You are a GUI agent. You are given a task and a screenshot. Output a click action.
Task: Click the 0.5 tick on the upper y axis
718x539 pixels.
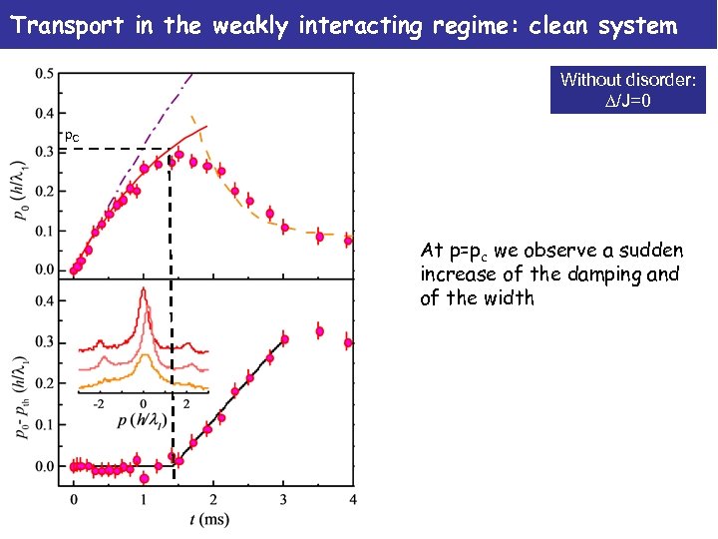pyautogui.click(x=45, y=74)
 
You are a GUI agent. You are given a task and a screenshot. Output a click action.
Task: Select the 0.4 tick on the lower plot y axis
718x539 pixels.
pyautogui.click(x=45, y=300)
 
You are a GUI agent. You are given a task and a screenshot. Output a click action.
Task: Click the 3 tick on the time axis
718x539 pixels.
pyautogui.click(x=283, y=498)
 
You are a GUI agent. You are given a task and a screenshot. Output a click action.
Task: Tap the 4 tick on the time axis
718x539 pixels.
pyautogui.click(x=353, y=498)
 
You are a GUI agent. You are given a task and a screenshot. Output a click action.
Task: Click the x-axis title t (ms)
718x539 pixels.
pyautogui.click(x=212, y=519)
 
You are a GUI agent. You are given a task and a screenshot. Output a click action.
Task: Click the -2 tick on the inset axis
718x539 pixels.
pyautogui.click(x=98, y=404)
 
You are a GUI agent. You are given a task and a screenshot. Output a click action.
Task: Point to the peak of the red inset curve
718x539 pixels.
pyautogui.click(x=143, y=290)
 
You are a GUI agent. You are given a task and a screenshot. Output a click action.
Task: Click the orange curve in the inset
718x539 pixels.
pyautogui.click(x=110, y=382)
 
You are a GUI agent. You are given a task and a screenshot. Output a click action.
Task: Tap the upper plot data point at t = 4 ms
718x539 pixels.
pyautogui.click(x=348, y=241)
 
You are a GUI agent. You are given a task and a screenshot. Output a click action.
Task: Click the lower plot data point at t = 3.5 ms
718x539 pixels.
pyautogui.click(x=319, y=331)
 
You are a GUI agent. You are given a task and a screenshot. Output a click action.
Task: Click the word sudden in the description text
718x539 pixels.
pyautogui.click(x=648, y=251)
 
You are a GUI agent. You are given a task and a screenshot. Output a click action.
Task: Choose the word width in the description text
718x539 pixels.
pyautogui.click(x=510, y=298)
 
